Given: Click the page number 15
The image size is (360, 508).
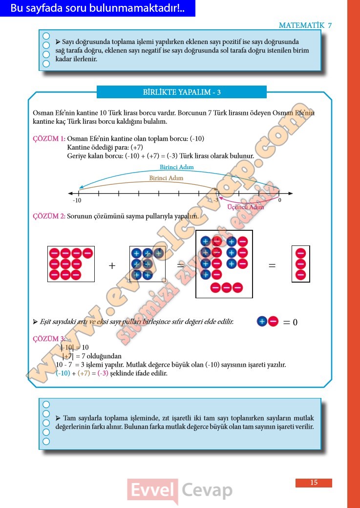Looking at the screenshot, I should tap(314, 483).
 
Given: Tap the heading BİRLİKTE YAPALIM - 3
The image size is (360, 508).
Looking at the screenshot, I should tap(182, 92).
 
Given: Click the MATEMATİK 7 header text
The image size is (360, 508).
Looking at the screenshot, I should tap(305, 25).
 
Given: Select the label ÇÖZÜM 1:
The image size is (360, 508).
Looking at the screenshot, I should tap(49, 138).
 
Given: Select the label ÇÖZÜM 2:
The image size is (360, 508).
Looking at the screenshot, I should tap(49, 216).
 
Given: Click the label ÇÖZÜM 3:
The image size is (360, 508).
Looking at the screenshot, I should tap(49, 339).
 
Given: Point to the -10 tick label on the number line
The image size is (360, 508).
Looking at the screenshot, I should tap(77, 200).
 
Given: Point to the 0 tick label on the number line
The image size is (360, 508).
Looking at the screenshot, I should tap(279, 200).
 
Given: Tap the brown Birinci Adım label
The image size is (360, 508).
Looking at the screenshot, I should tap(166, 178).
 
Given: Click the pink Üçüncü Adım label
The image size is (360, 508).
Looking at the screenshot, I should tap(246, 207).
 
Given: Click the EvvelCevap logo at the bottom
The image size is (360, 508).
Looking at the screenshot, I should tap(179, 490).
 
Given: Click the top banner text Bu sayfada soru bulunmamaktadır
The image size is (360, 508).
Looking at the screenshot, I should tap(97, 8).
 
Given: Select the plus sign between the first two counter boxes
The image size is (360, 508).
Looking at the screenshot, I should tap(112, 265).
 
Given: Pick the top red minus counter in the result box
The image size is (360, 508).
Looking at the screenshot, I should tap(300, 254).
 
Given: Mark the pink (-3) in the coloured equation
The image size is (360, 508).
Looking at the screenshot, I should tap(103, 373).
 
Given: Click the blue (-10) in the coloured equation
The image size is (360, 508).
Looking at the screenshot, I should tap(63, 373).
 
